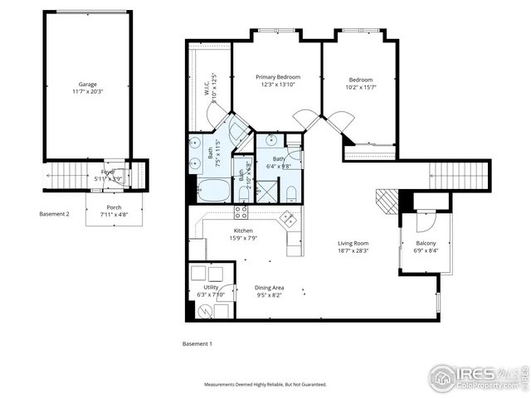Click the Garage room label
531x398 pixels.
[x=87, y=84]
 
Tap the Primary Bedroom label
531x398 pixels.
[x=276, y=76]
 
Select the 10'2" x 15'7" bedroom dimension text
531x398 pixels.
[x=360, y=86]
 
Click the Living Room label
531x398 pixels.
[x=353, y=243]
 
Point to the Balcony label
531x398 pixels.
[x=425, y=243]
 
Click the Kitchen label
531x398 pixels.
[x=242, y=231]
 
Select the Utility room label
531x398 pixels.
[x=211, y=287]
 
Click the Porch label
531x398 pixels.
[x=114, y=208]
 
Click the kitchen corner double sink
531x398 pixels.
[x=288, y=220]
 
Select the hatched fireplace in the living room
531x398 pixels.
[x=387, y=200]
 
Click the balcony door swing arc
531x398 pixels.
[x=425, y=221]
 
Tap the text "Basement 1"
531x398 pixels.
[x=197, y=342]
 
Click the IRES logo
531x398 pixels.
[x=477, y=375]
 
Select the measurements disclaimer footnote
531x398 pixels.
[x=265, y=384]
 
